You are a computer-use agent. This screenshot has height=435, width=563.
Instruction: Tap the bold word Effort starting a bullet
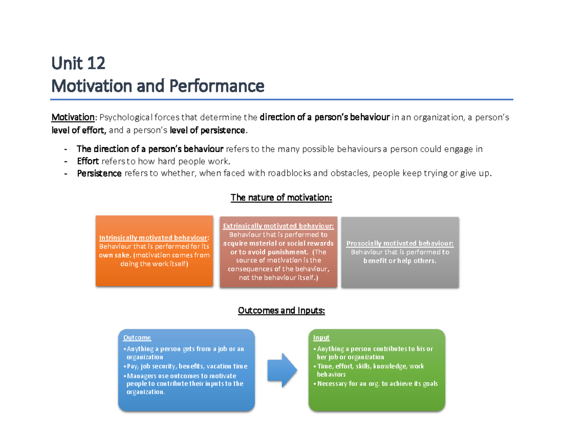(88, 161)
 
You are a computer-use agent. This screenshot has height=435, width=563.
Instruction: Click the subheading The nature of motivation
(281, 198)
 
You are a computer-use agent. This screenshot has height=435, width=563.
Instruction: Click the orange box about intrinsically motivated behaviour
(153, 251)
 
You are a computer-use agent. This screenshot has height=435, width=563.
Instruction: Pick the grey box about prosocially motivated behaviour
(400, 252)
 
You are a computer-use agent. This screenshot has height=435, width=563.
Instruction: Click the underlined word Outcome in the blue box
(137, 337)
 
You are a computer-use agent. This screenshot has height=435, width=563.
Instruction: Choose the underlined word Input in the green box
(321, 337)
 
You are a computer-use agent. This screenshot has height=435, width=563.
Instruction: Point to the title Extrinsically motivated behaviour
(279, 226)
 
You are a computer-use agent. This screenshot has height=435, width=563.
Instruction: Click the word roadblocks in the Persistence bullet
(289, 174)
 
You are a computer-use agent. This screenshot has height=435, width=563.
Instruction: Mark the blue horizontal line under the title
(281, 100)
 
